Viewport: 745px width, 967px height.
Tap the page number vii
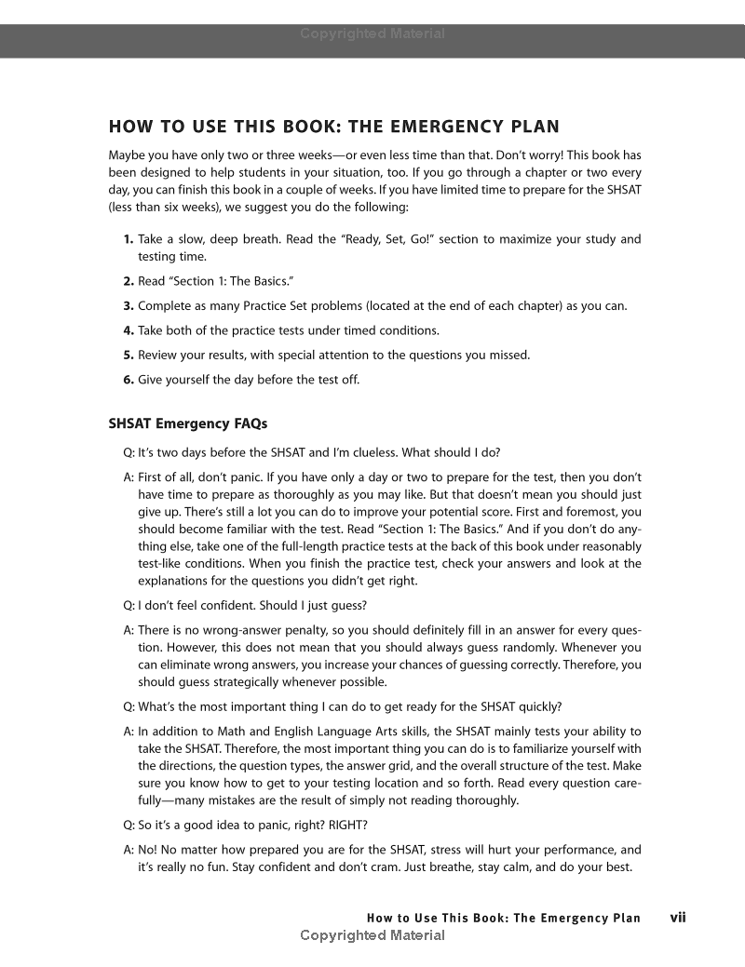pyautogui.click(x=678, y=917)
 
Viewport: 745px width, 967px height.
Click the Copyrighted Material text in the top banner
pyautogui.click(x=372, y=34)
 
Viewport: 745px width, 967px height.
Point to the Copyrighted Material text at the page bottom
pyautogui.click(x=372, y=935)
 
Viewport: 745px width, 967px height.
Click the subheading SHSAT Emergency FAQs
pyautogui.click(x=187, y=423)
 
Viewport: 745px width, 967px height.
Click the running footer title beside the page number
pyautogui.click(x=504, y=918)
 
